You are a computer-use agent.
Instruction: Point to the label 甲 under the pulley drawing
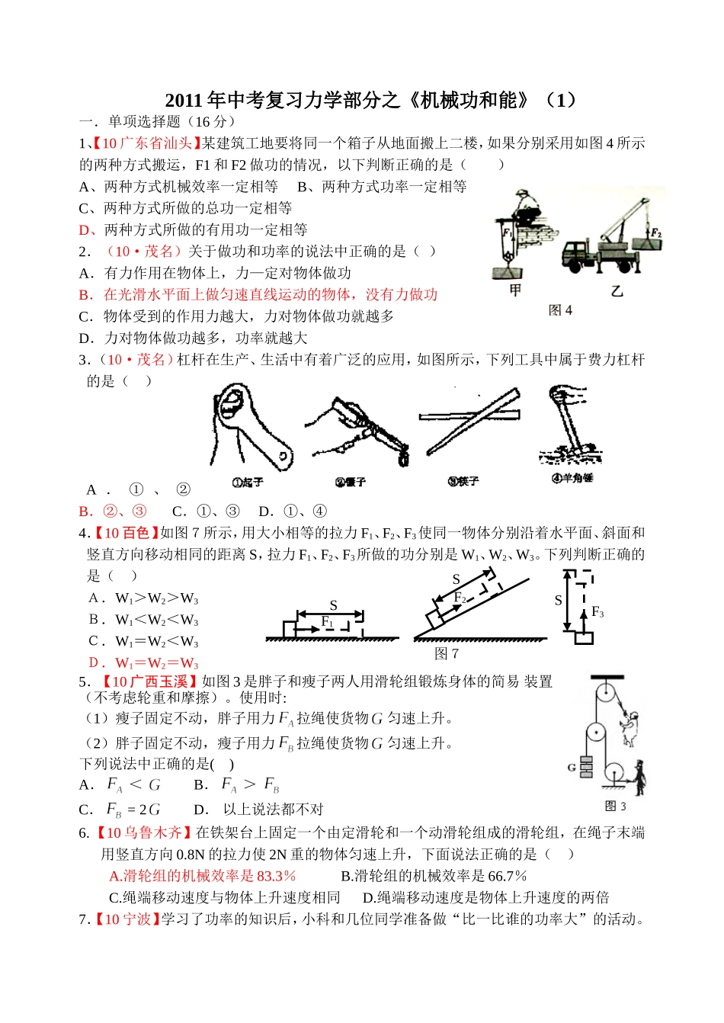point(515,290)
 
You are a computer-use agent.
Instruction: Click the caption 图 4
point(560,310)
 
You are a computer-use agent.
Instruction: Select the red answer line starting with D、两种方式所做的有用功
point(194,229)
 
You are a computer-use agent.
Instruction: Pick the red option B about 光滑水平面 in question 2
point(258,294)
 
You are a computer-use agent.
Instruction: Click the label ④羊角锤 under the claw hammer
point(572,478)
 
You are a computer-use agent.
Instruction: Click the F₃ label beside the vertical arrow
point(597,612)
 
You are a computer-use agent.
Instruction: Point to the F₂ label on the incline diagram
point(460,598)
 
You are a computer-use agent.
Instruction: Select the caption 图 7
point(447,653)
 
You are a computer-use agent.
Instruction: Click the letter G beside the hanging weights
point(571,767)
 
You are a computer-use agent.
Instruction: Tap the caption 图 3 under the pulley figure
point(615,806)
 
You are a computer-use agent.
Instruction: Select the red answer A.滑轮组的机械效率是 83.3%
point(203,876)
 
